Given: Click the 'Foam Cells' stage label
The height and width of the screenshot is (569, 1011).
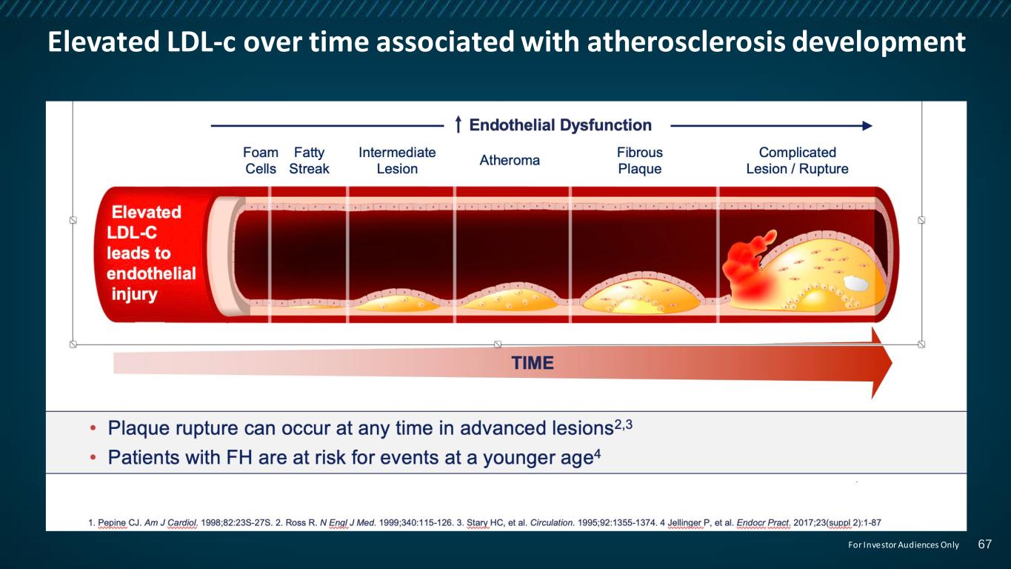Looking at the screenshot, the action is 261,160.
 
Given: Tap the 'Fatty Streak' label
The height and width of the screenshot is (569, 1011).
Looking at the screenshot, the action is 309,160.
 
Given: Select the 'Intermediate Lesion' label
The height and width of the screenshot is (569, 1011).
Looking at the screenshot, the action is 397,160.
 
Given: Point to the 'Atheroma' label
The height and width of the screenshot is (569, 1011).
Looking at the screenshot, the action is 510,160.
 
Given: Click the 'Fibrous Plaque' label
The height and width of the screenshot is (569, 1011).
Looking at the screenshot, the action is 639,160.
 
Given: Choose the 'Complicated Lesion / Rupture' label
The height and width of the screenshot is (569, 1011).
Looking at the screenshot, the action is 797,160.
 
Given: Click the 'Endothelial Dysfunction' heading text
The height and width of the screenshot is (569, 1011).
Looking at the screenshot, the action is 560,125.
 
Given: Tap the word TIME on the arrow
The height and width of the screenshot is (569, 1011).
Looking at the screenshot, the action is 532,363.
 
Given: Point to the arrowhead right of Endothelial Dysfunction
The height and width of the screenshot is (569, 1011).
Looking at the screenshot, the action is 867,126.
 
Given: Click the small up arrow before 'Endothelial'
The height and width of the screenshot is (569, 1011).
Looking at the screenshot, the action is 458,124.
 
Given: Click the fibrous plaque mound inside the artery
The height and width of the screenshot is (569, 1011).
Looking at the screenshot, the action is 641,293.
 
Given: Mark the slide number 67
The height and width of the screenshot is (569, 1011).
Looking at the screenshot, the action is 985,544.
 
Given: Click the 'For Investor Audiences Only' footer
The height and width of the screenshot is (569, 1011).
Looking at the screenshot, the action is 904,545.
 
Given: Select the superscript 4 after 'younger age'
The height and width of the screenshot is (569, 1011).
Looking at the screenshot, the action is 598,453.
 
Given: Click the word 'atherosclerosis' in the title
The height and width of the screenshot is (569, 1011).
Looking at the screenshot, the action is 686,41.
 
